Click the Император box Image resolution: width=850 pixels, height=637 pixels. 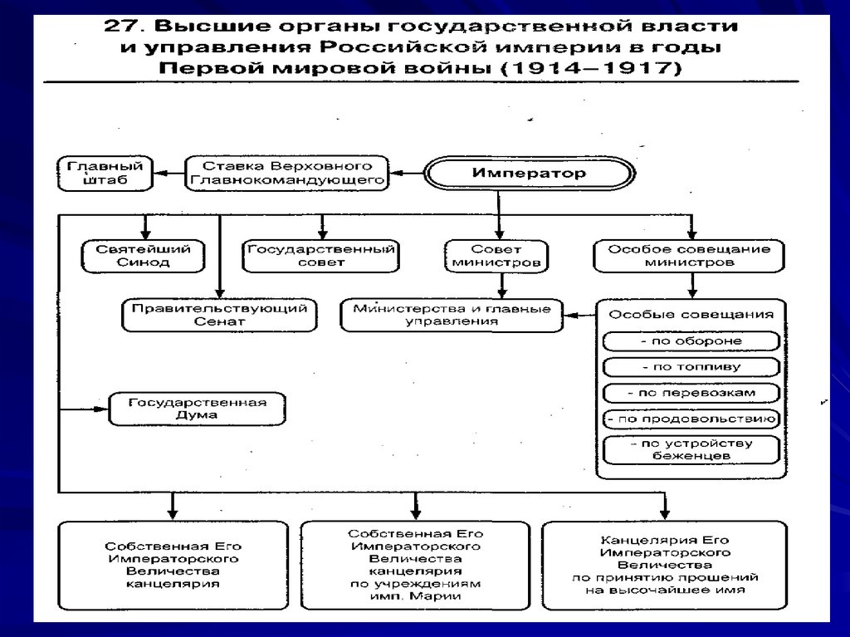[529, 174]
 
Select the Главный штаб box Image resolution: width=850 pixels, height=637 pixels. [105, 173]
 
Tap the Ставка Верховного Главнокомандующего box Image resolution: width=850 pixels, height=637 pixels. [286, 173]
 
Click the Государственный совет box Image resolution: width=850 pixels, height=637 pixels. [320, 255]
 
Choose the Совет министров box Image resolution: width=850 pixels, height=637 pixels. [496, 255]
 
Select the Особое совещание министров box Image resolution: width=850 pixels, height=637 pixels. [689, 255]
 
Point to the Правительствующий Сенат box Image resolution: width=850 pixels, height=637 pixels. [219, 314]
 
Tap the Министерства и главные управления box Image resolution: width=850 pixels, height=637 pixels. [452, 314]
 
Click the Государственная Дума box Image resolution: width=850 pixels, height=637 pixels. [197, 409]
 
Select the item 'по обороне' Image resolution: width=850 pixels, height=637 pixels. [691, 341]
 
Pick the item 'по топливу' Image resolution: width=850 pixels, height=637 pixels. [691, 366]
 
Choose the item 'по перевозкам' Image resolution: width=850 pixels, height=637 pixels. [691, 392]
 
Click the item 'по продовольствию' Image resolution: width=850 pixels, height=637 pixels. [691, 419]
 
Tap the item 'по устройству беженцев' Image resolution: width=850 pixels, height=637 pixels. [691, 449]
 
